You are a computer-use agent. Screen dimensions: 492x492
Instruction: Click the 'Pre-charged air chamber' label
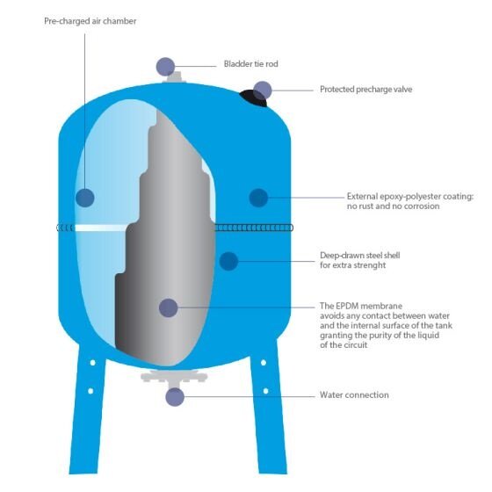pyautogui.click(x=90, y=21)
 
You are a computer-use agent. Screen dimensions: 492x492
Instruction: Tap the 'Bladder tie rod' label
pyautogui.click(x=250, y=64)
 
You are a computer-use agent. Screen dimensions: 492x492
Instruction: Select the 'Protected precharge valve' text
pyautogui.click(x=365, y=90)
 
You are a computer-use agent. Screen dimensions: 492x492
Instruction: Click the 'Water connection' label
pyautogui.click(x=354, y=394)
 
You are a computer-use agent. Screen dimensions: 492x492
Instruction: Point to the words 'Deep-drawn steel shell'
pyautogui.click(x=360, y=256)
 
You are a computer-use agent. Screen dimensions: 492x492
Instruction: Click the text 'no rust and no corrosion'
pyautogui.click(x=393, y=206)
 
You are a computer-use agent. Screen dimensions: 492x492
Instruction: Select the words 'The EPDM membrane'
pyautogui.click(x=361, y=306)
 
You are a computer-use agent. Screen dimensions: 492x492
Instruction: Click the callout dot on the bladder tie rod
pyautogui.click(x=165, y=67)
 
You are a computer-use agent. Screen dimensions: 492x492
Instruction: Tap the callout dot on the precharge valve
pyautogui.click(x=263, y=90)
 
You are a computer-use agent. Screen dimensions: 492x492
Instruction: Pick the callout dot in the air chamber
pyautogui.click(x=85, y=198)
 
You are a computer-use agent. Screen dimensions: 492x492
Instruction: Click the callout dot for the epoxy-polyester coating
pyautogui.click(x=258, y=198)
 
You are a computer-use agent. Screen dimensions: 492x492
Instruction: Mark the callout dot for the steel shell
pyautogui.click(x=228, y=261)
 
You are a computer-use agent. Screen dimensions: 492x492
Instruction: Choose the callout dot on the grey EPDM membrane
pyautogui.click(x=169, y=307)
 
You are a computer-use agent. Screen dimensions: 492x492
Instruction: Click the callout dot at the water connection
pyautogui.click(x=175, y=397)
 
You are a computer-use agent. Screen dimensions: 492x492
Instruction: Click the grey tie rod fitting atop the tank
pyautogui.click(x=175, y=78)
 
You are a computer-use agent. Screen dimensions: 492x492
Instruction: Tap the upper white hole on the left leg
pyautogui.click(x=92, y=363)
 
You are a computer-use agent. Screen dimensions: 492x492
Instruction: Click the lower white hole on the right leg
pyautogui.click(x=265, y=391)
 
